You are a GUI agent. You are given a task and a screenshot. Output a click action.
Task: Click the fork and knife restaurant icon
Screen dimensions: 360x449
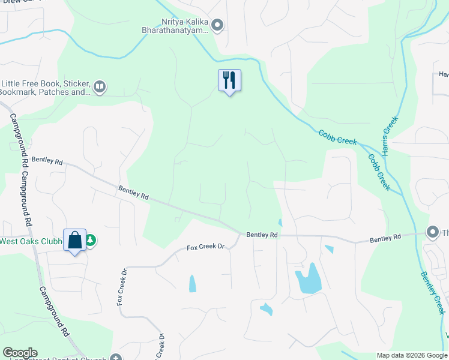(x=229, y=80)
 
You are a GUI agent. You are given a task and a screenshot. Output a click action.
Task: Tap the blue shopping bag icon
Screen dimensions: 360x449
(x=75, y=240)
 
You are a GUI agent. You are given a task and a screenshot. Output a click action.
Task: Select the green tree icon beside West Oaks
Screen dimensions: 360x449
(x=91, y=241)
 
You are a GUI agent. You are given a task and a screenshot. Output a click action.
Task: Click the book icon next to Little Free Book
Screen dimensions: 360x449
(x=100, y=88)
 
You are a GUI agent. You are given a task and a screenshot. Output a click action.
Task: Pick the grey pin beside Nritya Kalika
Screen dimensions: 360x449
(x=218, y=25)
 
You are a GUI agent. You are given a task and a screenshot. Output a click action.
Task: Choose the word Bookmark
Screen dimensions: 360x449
(x=17, y=92)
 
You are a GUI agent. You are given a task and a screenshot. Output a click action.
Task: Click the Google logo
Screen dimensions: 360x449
(x=20, y=353)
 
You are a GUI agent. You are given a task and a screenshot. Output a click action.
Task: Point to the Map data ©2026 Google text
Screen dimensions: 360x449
(x=412, y=355)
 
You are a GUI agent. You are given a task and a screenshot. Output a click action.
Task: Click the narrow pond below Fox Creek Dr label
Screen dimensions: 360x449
(x=192, y=283)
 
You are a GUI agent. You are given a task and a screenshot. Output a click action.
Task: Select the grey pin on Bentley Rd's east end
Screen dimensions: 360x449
(x=432, y=232)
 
